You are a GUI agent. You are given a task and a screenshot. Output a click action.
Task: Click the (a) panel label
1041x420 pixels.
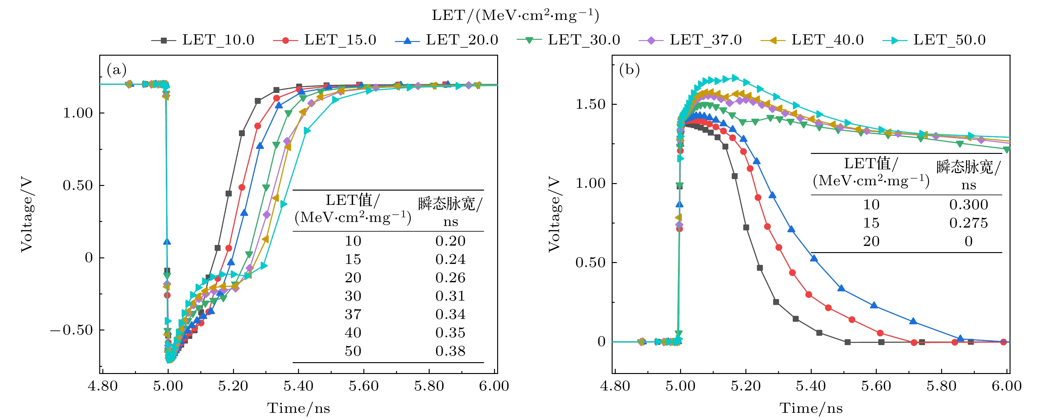116,70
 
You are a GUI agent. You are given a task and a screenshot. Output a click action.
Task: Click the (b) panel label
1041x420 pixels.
629,70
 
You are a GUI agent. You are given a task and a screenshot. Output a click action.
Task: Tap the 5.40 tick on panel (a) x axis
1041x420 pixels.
298,386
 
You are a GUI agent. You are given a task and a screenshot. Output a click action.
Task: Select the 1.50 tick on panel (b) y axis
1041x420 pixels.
591,104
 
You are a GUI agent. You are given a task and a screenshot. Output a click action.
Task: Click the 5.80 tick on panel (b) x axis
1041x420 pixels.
941,386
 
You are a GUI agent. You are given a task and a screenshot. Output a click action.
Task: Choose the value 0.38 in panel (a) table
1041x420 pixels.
450,351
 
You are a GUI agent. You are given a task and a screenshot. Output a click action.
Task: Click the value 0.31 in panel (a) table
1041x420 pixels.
450,296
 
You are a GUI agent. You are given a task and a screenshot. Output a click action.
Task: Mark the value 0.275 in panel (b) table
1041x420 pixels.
968,223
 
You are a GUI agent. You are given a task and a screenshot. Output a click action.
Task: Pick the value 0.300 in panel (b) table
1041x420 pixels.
968,205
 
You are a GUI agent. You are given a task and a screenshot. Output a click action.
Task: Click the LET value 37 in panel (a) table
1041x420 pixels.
353,314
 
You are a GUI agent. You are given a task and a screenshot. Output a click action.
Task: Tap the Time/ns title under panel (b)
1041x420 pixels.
811,408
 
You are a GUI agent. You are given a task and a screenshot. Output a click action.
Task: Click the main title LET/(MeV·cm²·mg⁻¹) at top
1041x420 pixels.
515,15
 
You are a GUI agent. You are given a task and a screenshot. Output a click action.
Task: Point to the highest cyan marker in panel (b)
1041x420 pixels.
734,78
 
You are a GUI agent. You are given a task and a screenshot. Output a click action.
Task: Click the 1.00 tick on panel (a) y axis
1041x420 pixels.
77,113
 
